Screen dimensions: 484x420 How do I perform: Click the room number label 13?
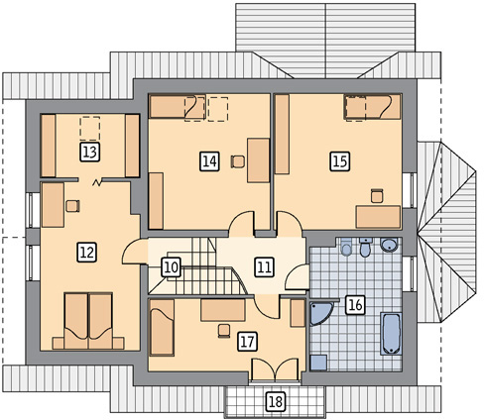tap(90, 153)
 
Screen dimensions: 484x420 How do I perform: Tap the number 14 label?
tap(209, 161)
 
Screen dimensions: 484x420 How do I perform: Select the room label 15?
tap(340, 161)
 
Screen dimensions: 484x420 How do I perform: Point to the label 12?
tap(87, 253)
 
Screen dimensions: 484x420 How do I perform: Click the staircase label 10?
tap(172, 267)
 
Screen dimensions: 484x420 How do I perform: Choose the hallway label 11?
tap(264, 266)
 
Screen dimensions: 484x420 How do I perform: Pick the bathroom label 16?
tap(355, 305)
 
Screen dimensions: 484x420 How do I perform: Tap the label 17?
tap(247, 342)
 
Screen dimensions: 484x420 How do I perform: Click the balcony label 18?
tap(276, 402)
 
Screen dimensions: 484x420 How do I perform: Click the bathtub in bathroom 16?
tap(392, 334)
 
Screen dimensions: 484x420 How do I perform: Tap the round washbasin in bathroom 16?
tap(389, 245)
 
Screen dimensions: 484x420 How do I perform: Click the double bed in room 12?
tap(88, 321)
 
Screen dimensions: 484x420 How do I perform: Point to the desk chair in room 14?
tap(238, 161)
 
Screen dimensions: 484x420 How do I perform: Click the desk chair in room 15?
tap(377, 196)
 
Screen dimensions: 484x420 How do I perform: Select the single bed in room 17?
tap(162, 327)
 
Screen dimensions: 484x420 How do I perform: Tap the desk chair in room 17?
tap(224, 331)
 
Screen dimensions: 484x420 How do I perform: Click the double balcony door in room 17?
tap(275, 369)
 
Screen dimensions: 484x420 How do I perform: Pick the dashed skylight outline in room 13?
tap(90, 129)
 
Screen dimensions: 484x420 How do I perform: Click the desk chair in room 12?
tap(72, 206)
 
